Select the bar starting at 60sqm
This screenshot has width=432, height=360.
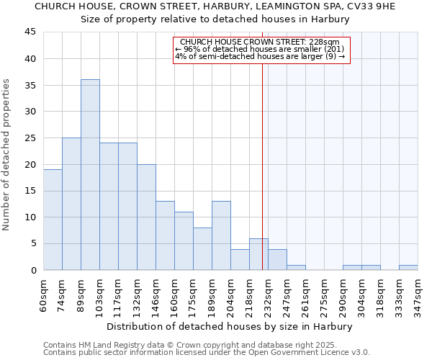point(53,220)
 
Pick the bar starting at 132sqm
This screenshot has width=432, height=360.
point(146,217)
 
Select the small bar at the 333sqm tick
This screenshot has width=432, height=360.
point(408,267)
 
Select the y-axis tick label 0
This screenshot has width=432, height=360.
point(32,270)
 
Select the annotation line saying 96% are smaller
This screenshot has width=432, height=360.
point(260,49)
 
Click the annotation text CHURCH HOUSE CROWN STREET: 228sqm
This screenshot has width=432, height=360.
point(260,42)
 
